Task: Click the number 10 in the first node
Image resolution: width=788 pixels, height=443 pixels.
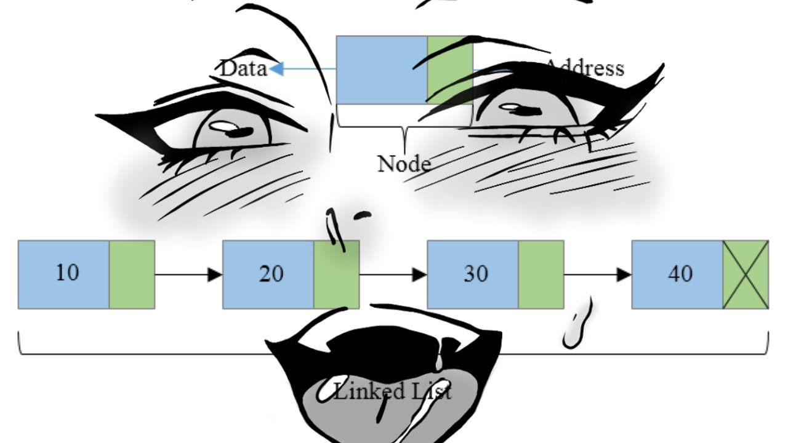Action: (67, 273)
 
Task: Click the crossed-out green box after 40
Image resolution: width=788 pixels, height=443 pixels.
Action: (746, 274)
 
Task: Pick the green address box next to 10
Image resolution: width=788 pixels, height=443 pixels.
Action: (132, 274)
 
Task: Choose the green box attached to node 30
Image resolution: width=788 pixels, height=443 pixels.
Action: (541, 274)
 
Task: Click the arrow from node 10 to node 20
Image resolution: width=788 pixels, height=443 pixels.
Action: (188, 274)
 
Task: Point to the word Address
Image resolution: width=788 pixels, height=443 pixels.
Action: (585, 67)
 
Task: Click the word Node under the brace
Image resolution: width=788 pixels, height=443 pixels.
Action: (403, 164)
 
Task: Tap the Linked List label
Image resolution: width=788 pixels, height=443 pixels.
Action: (392, 391)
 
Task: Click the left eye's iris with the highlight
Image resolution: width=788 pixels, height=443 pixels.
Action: (231, 129)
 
